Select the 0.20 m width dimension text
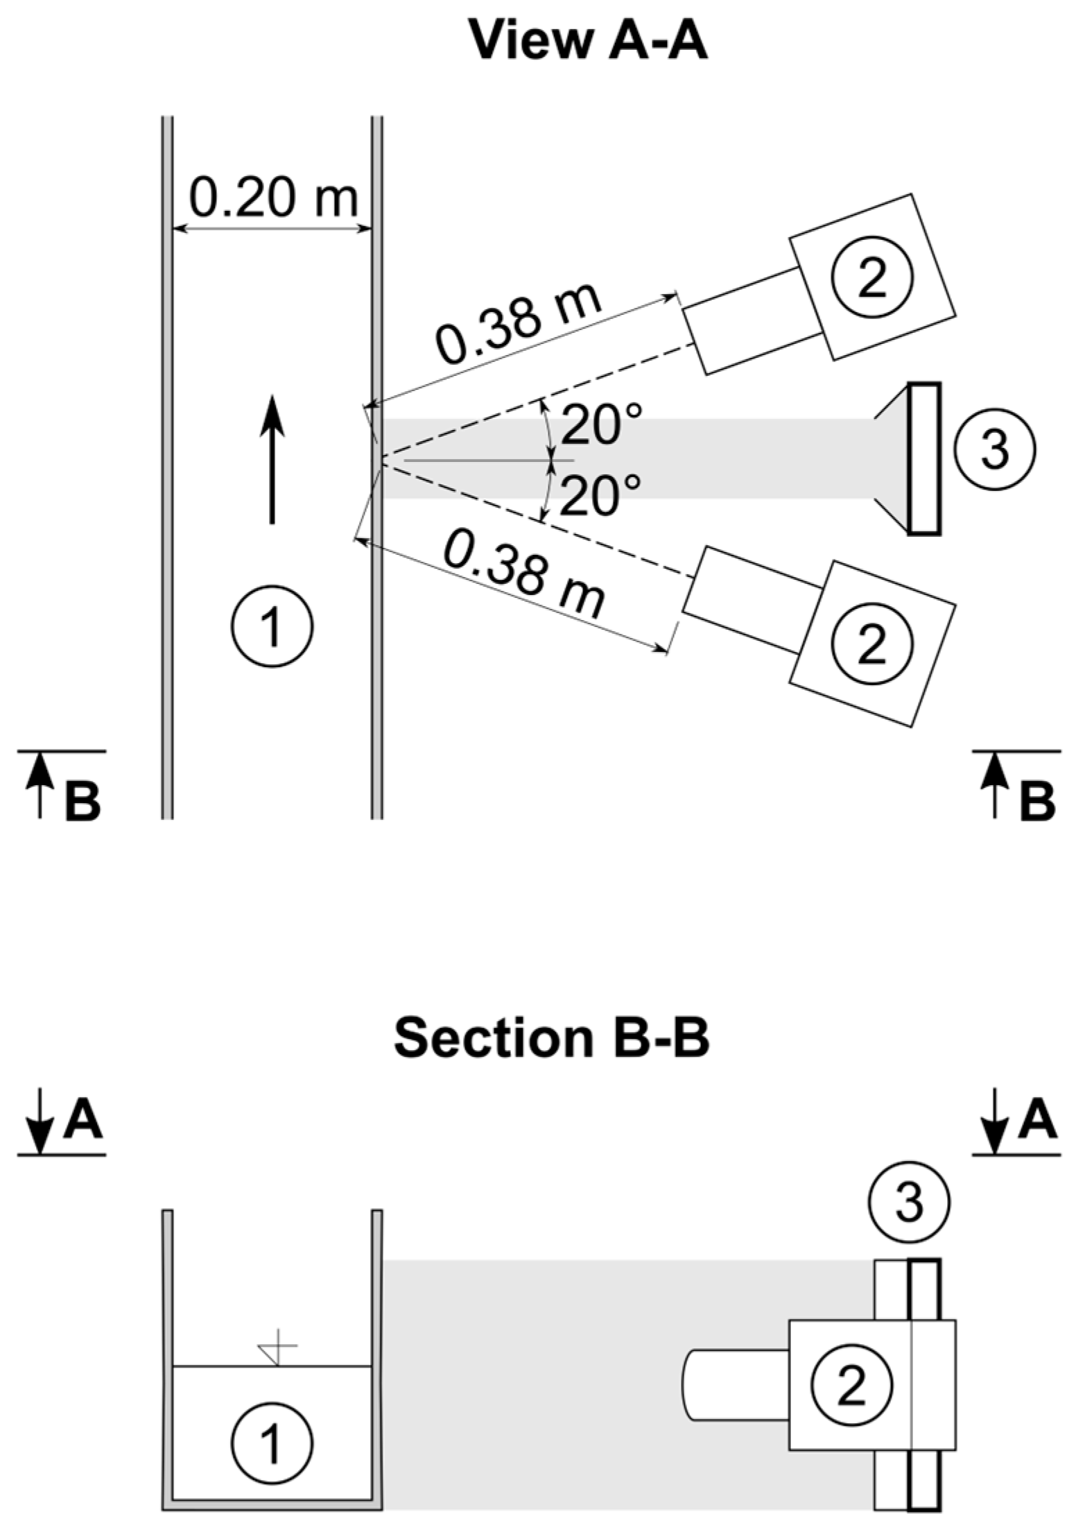click(x=273, y=198)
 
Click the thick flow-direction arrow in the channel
click(x=272, y=458)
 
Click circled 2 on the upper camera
click(x=871, y=277)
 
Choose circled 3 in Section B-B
click(x=909, y=1203)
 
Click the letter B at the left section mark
click(x=83, y=802)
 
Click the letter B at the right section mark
click(x=1037, y=802)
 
